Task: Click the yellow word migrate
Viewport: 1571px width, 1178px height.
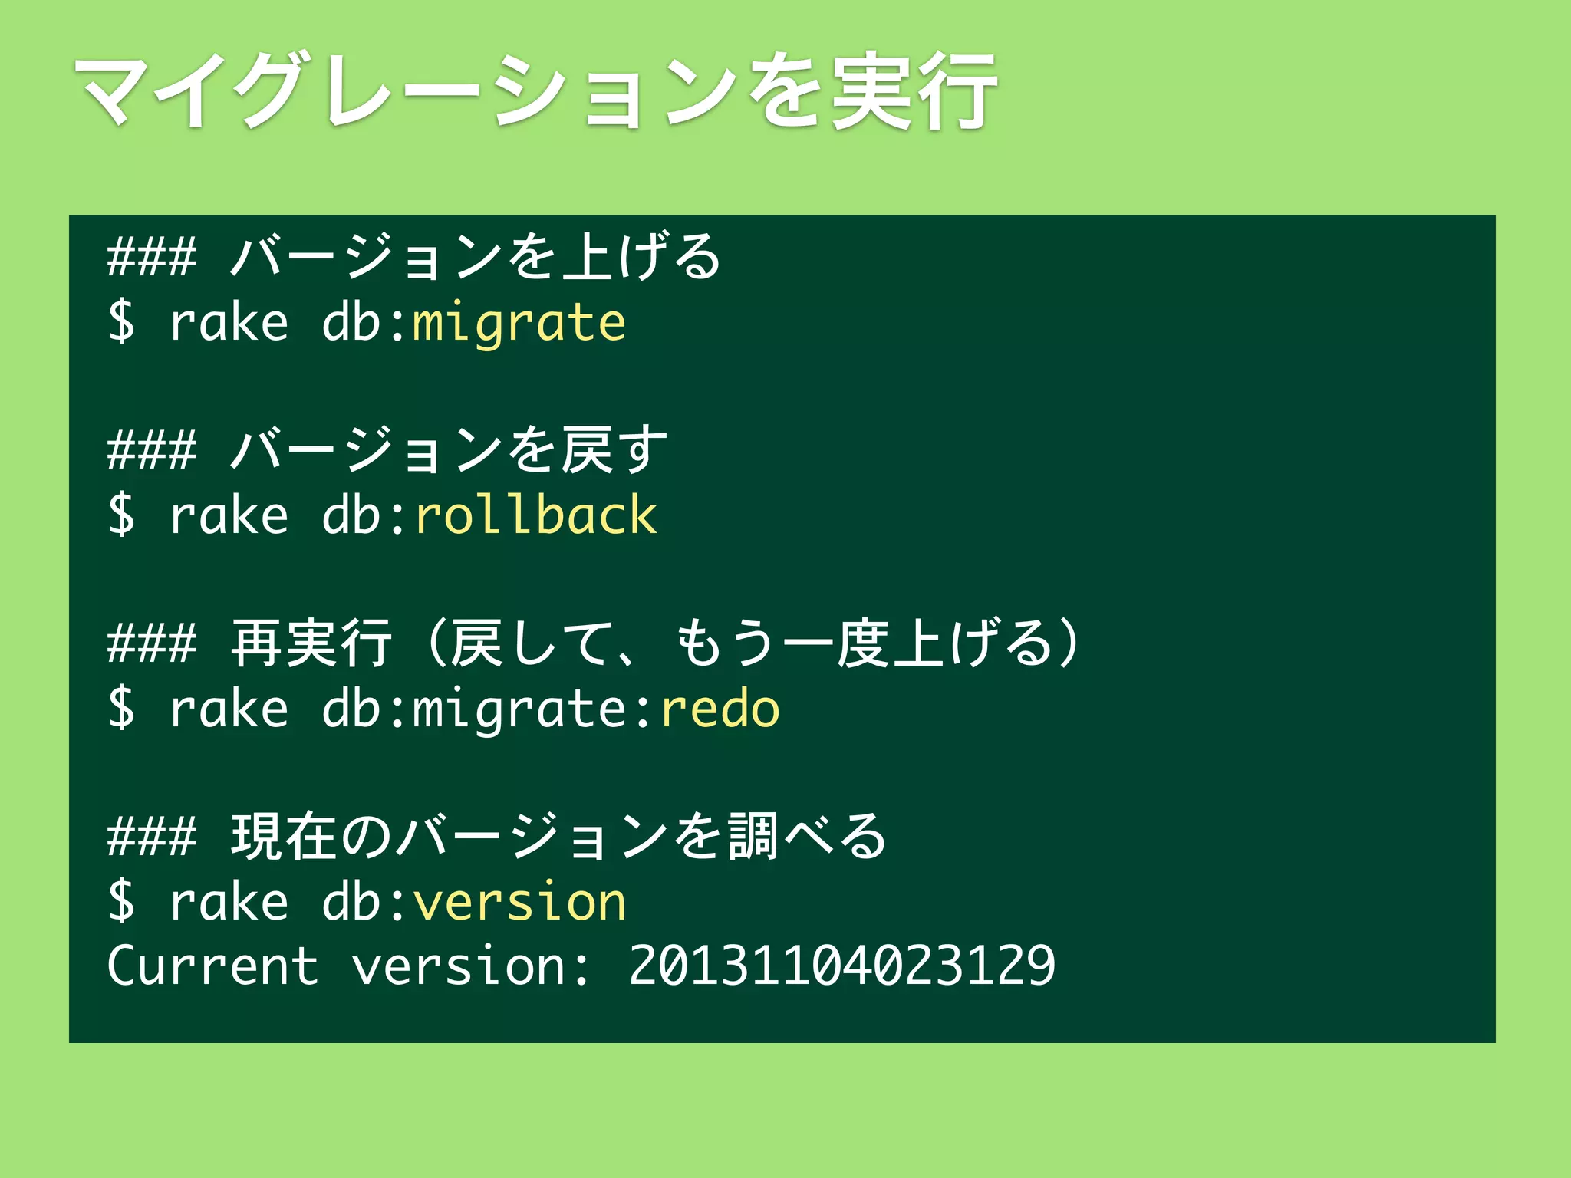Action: click(x=519, y=323)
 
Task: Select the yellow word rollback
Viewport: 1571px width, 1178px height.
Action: click(x=535, y=515)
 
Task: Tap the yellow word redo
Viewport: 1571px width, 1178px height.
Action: click(x=720, y=709)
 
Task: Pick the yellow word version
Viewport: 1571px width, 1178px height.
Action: click(x=519, y=902)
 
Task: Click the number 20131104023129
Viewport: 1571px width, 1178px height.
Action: click(x=841, y=966)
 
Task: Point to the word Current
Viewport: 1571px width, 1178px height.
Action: click(x=212, y=966)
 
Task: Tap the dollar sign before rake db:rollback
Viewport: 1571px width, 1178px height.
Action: click(x=121, y=515)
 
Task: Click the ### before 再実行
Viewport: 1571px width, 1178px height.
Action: click(x=152, y=644)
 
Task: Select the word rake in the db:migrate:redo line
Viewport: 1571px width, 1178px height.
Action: click(x=229, y=709)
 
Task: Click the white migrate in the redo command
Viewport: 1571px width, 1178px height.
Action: click(x=519, y=709)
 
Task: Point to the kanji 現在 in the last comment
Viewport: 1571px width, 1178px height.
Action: click(x=284, y=836)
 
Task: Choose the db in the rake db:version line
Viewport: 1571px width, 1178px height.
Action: click(x=351, y=902)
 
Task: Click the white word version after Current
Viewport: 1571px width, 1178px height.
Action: click(x=458, y=966)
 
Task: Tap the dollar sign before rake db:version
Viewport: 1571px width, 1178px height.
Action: click(x=121, y=901)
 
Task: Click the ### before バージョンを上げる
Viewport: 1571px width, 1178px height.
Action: click(x=152, y=258)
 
